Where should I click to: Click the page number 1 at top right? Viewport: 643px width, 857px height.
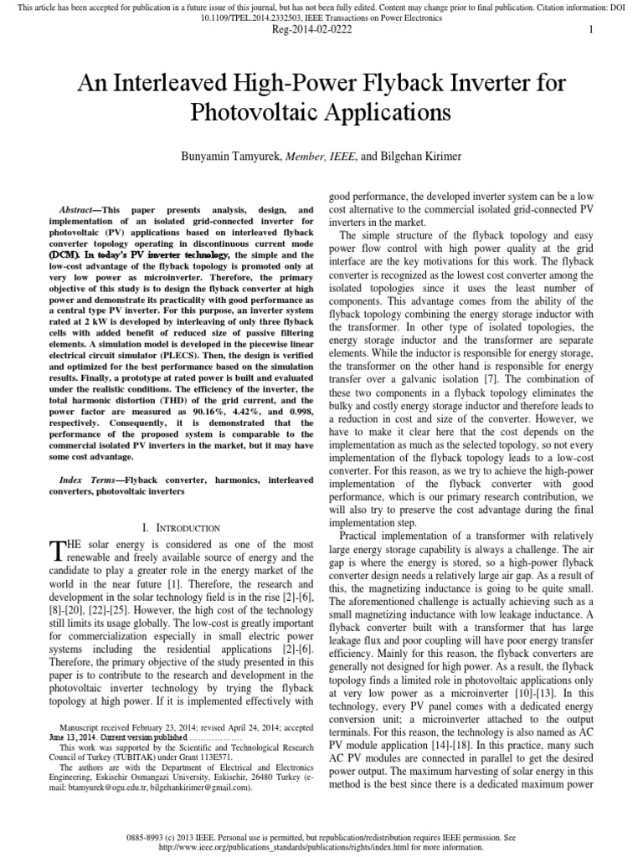591,29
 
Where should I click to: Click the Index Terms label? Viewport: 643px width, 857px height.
89,480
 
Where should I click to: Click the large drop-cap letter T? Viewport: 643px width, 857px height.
57,549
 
